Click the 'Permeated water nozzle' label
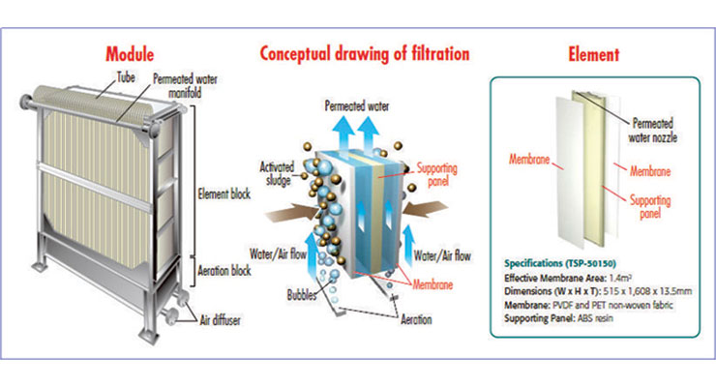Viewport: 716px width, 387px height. [658, 130]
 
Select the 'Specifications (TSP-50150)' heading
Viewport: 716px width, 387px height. [557, 262]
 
